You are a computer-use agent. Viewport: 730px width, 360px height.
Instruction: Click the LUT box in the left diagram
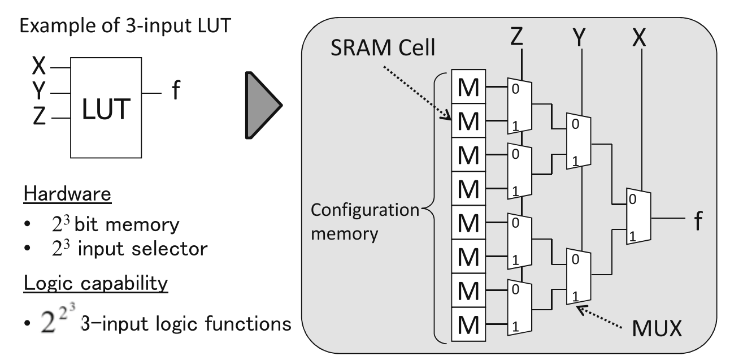point(105,107)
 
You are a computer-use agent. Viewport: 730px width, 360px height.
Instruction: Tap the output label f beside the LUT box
point(176,91)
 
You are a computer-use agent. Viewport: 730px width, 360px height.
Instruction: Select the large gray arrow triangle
point(262,105)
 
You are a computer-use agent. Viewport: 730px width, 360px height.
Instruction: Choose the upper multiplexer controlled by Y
point(578,141)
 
